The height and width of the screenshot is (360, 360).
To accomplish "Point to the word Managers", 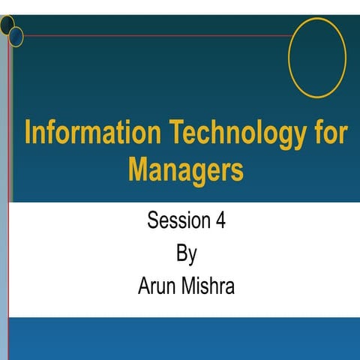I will click(x=186, y=168).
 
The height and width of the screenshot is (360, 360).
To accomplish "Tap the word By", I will click(x=186, y=254).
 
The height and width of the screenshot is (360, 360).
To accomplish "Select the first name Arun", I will click(x=159, y=286).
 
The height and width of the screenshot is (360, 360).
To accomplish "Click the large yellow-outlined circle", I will click(x=316, y=57).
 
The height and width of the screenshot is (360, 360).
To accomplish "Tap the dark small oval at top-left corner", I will click(x=7, y=25).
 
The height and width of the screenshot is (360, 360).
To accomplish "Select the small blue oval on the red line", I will click(x=16, y=36).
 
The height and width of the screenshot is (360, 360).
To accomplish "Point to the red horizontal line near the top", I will click(x=150, y=35).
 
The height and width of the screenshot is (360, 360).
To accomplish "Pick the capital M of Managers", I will click(x=138, y=168).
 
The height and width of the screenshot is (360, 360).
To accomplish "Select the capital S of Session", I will click(x=153, y=221).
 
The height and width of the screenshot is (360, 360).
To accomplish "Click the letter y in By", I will click(x=192, y=256).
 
